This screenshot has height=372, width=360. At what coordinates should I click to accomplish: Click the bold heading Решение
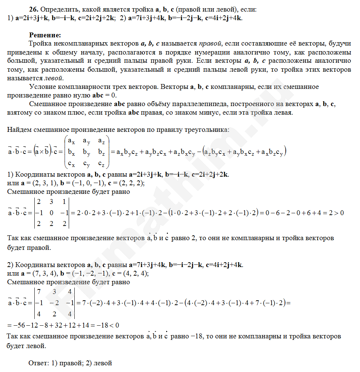click(x=45, y=35)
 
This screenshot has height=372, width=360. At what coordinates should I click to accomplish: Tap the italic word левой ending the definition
click(x=54, y=78)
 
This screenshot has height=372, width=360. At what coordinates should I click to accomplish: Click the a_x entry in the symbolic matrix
click(x=71, y=141)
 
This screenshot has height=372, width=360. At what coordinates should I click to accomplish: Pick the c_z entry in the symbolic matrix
click(x=101, y=164)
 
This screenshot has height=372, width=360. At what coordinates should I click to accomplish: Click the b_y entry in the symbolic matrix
click(x=86, y=152)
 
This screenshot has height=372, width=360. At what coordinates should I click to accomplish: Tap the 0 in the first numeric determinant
click(x=52, y=213)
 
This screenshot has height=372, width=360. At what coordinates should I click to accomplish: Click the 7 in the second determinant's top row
click(x=39, y=291)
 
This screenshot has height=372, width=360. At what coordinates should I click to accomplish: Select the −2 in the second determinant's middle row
click(x=53, y=303)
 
